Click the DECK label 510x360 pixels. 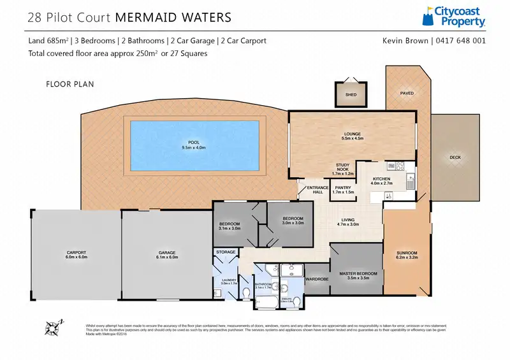coord(455,157)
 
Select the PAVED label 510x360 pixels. coord(407,94)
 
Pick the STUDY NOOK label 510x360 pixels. coord(344,167)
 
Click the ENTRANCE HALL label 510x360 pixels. coord(317,189)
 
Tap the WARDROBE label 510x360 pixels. coord(317,278)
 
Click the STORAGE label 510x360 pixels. coord(226,253)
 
